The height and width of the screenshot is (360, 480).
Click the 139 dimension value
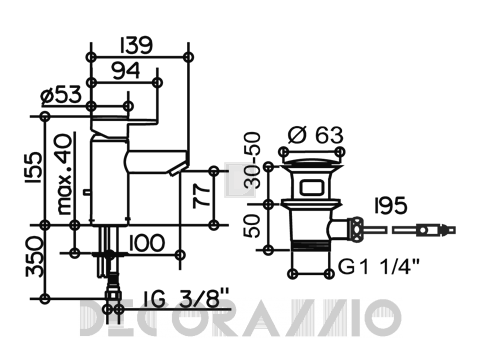pyautogui.click(x=136, y=45)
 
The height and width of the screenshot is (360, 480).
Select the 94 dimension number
pyautogui.click(x=126, y=71)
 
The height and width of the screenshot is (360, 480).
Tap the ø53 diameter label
pyautogui.click(x=61, y=94)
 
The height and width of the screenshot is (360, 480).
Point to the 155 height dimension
pyautogui.click(x=34, y=167)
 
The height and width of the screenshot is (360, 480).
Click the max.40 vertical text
pyautogui.click(x=64, y=174)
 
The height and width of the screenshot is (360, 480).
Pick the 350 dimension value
pyautogui.click(x=35, y=257)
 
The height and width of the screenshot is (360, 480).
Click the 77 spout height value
pyautogui.click(x=202, y=197)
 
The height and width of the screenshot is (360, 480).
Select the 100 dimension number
pyautogui.click(x=147, y=243)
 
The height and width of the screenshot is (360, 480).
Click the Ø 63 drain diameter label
pyautogui.click(x=315, y=135)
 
